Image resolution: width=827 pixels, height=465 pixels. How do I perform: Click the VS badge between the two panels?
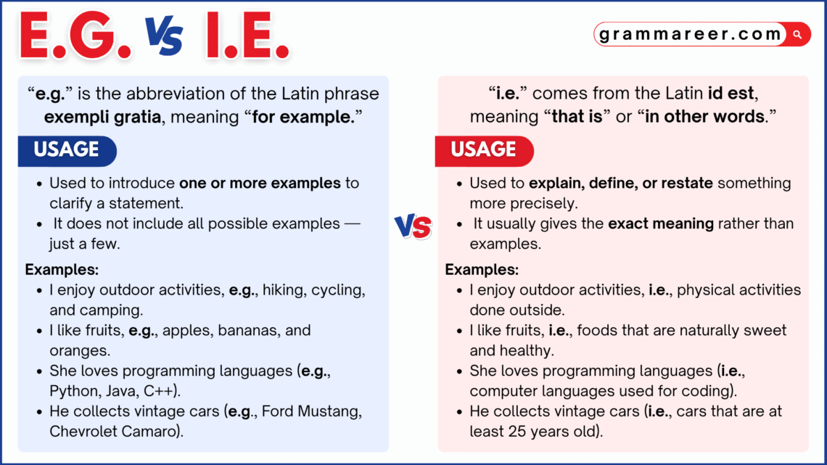pyautogui.click(x=413, y=227)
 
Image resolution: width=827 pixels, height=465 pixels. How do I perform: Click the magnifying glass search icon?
pyautogui.click(x=797, y=34)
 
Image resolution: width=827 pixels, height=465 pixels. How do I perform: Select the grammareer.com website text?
pyautogui.click(x=690, y=34)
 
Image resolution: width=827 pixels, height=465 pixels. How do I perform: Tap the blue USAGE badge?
pyautogui.click(x=66, y=149)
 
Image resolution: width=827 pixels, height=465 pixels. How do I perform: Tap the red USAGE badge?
pyautogui.click(x=483, y=149)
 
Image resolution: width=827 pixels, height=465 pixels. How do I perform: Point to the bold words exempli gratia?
pyautogui.click(x=102, y=117)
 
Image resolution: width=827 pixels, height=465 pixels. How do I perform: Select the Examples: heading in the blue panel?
pyautogui.click(x=62, y=270)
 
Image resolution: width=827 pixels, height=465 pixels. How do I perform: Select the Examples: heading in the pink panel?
pyautogui.click(x=482, y=270)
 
